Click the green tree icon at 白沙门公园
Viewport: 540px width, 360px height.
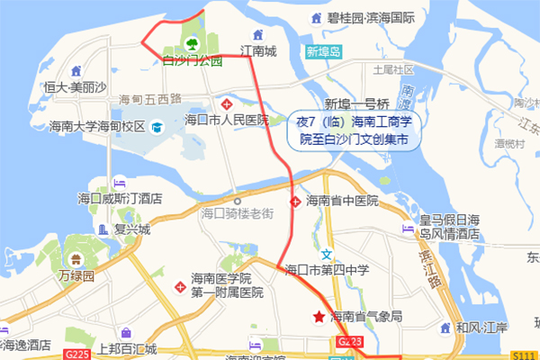[192, 42]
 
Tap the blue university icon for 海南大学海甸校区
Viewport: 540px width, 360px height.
[157, 128]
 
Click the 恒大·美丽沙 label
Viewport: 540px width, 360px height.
[76, 86]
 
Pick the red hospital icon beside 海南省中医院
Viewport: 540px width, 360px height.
[294, 201]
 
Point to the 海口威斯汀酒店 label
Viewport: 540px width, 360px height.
[119, 198]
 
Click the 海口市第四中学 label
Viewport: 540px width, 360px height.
[328, 269]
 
